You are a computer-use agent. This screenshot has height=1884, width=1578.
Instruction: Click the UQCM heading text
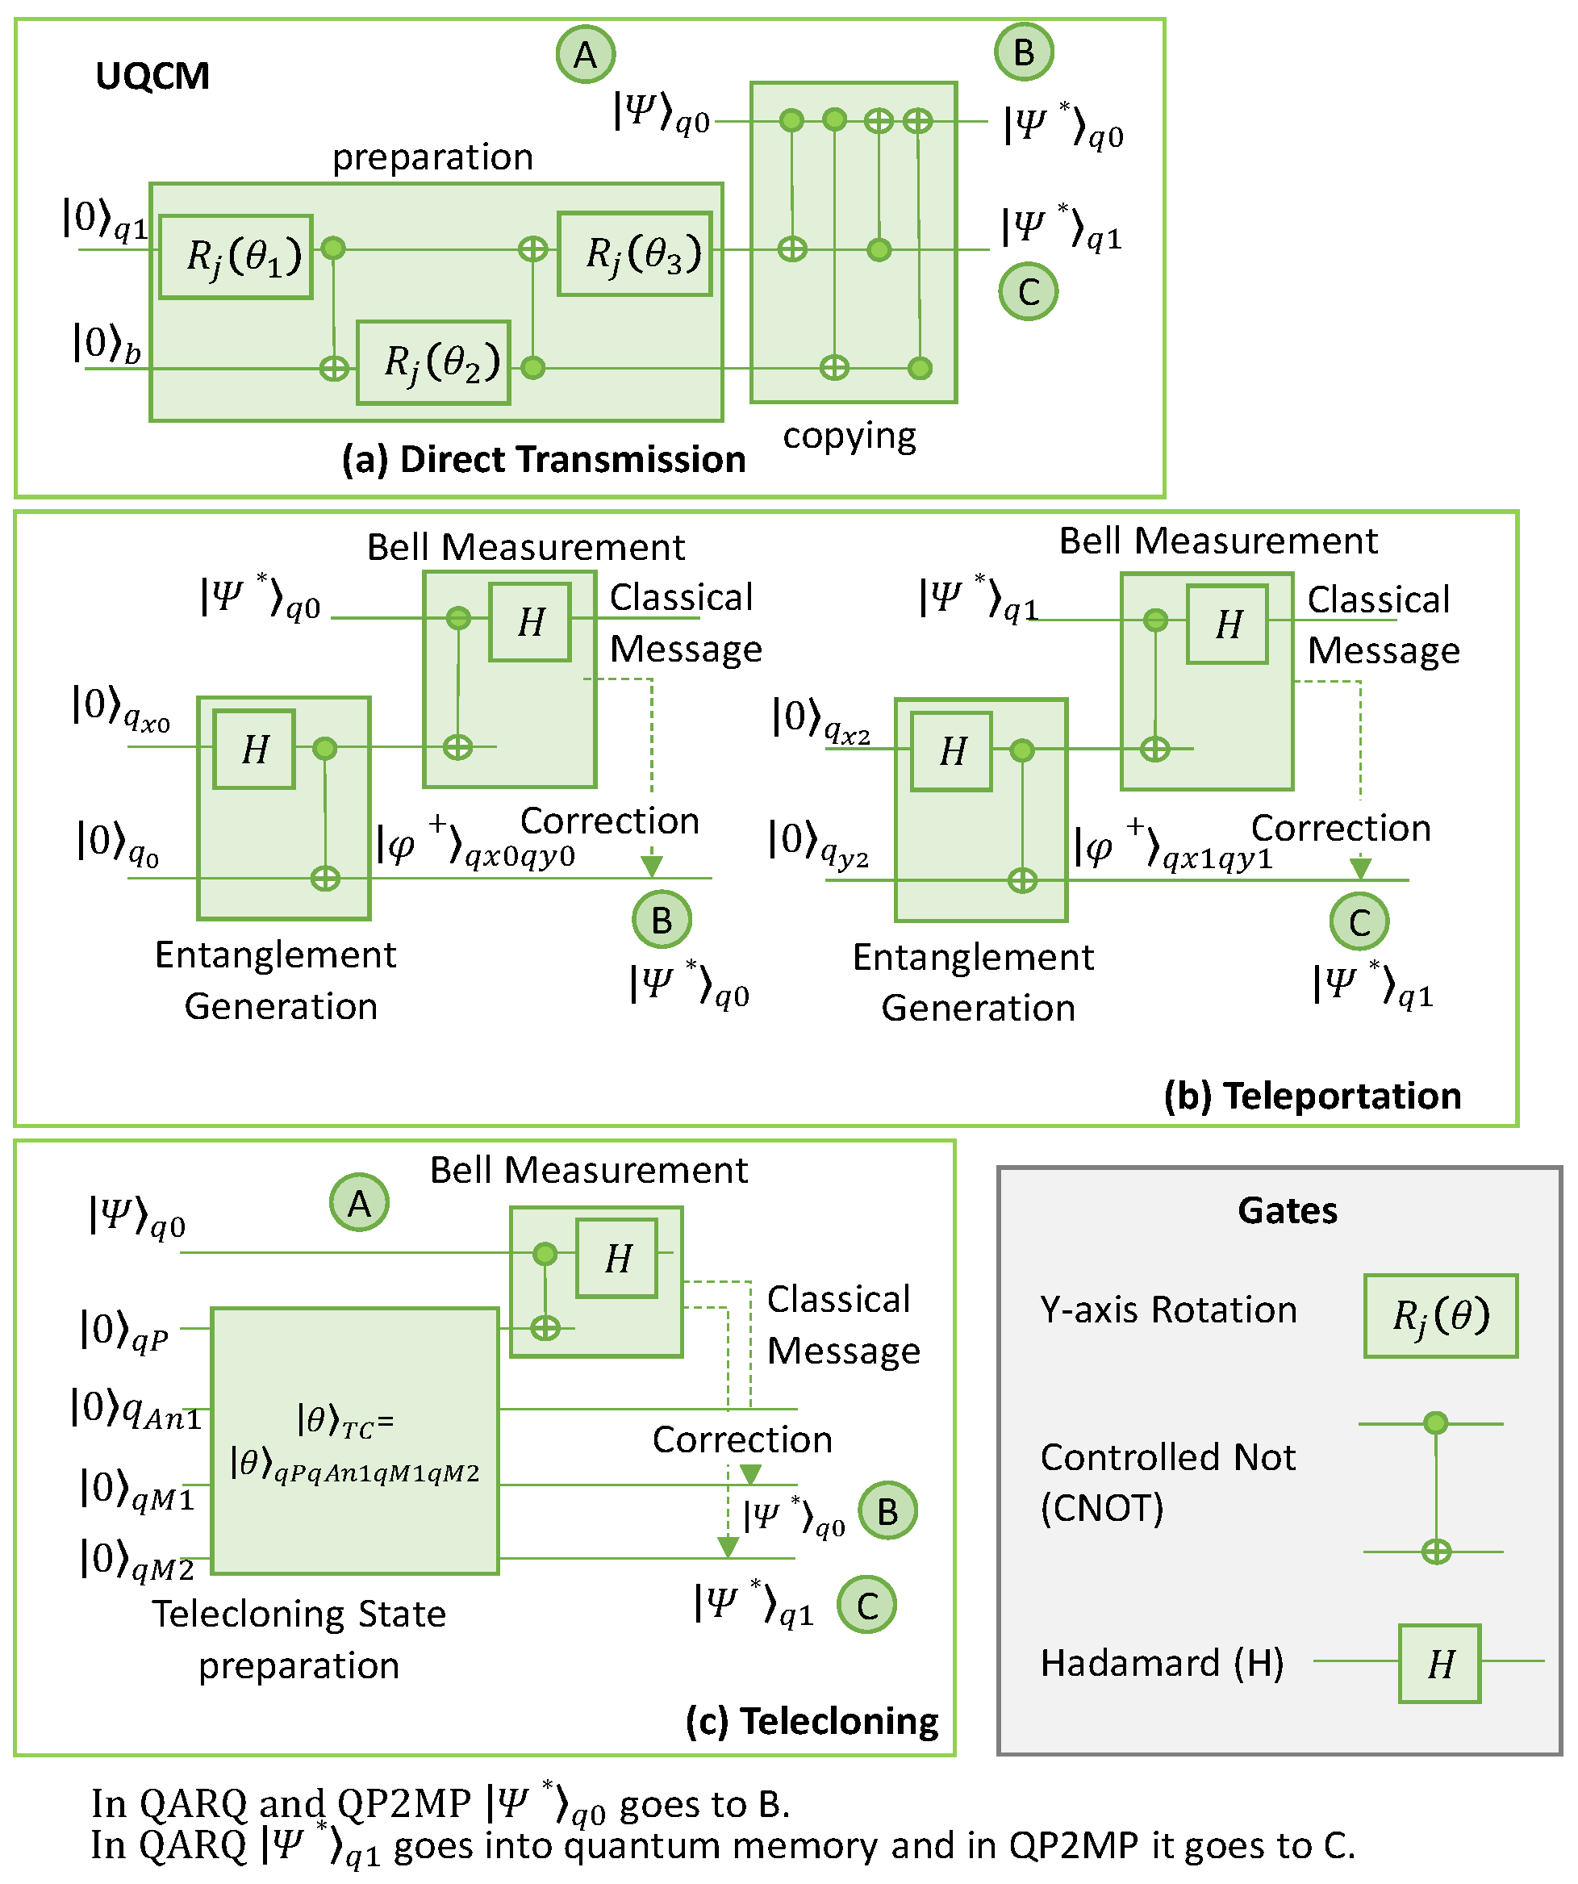coord(152,77)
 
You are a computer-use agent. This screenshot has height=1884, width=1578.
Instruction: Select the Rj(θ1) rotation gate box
coord(236,257)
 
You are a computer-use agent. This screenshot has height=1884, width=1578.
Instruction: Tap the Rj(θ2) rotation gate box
coord(434,362)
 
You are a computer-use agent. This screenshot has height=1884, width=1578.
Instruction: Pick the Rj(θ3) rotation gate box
coord(635,254)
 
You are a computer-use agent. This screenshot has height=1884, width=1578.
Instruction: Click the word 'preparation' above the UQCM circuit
coord(432,157)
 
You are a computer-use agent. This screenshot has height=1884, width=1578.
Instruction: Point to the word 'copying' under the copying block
coord(850,437)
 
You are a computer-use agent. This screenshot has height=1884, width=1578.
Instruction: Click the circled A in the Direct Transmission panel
coord(585,55)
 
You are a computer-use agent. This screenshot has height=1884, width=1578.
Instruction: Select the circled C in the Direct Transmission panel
coord(1028,291)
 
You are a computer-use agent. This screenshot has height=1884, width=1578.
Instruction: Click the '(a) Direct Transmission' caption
coord(544,459)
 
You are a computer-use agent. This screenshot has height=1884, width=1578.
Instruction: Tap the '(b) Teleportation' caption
coord(1313,1097)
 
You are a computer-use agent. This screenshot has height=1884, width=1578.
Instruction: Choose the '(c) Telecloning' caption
coord(812,1722)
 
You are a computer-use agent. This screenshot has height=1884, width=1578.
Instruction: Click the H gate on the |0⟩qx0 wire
coord(255,749)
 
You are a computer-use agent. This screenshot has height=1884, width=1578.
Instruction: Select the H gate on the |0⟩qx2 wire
coord(952,751)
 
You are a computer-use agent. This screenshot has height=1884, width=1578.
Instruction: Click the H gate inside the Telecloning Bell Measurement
coord(617,1258)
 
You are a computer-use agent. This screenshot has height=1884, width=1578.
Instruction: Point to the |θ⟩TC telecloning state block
coord(355,1441)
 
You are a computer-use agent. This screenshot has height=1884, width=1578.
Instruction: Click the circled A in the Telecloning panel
coord(359,1203)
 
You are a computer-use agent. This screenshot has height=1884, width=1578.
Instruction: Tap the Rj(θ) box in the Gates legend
coord(1441,1316)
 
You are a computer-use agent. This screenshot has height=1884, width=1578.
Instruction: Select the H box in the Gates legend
coord(1440,1665)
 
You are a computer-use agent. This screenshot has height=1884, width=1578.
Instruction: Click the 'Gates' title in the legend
coord(1288,1211)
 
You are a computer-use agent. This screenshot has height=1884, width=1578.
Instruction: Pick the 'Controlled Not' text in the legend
coord(1168,1457)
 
